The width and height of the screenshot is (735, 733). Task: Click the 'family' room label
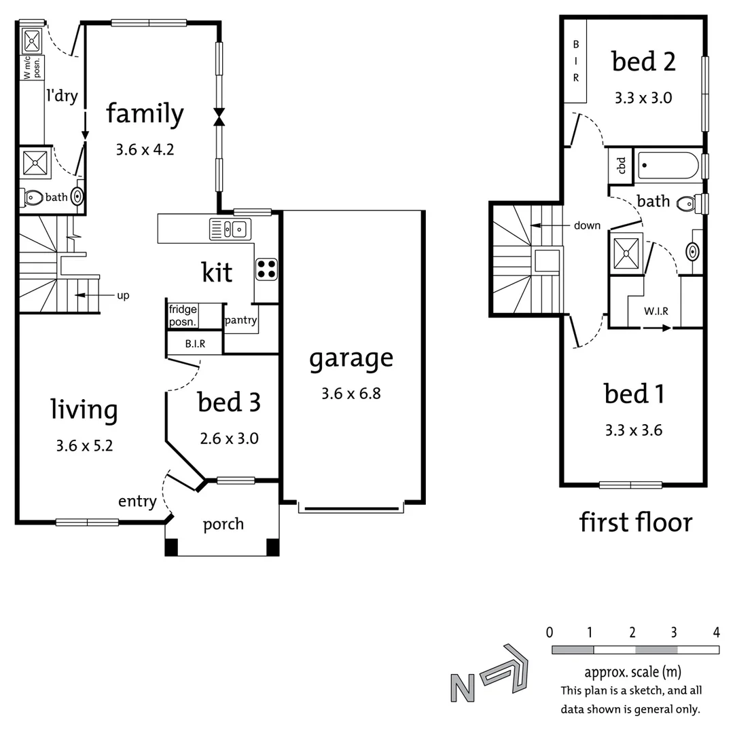click(x=145, y=114)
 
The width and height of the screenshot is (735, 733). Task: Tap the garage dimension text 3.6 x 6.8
click(x=351, y=393)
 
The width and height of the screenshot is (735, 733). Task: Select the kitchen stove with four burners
click(x=266, y=269)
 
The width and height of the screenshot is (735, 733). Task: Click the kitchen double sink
click(x=231, y=229)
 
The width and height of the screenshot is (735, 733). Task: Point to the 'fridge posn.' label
click(x=183, y=316)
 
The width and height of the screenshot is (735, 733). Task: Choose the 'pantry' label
click(x=240, y=320)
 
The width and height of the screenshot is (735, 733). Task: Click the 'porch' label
click(x=223, y=525)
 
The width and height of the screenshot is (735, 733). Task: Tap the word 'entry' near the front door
click(x=137, y=502)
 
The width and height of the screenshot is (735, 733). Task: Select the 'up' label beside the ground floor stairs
click(x=123, y=295)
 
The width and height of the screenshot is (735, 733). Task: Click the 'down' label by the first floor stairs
click(x=587, y=225)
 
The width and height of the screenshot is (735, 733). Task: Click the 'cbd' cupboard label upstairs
click(x=620, y=165)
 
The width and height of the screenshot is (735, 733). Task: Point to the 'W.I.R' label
click(x=656, y=312)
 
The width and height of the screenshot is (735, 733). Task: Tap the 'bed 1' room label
click(x=634, y=394)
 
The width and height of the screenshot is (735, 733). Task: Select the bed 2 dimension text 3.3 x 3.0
click(x=643, y=98)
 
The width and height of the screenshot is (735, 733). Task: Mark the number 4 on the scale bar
click(x=716, y=633)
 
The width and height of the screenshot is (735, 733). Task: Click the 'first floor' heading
click(x=635, y=523)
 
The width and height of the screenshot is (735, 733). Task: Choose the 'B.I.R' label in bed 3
click(x=195, y=345)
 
